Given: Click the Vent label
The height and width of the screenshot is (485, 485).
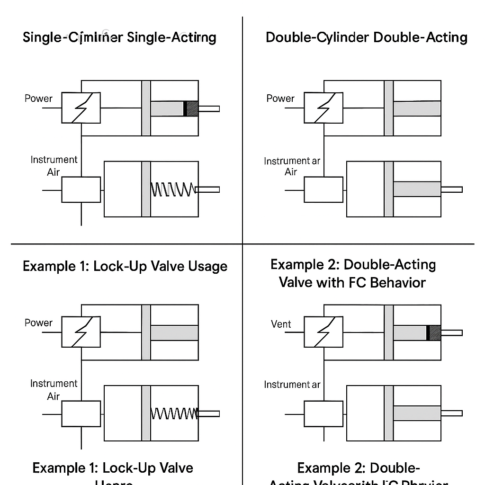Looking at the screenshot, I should click(x=281, y=324).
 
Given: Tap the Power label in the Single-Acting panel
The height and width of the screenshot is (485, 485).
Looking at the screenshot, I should click(x=38, y=99).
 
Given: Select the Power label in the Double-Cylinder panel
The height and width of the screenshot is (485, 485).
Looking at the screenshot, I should click(x=280, y=99).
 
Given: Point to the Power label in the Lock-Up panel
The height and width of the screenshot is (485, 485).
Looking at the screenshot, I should click(x=38, y=323).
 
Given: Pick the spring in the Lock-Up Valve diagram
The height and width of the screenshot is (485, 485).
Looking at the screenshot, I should click(x=174, y=413).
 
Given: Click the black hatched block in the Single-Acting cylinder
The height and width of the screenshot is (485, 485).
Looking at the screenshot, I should click(x=191, y=108).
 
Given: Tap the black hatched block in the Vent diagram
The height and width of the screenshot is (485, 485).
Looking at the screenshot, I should click(x=434, y=332).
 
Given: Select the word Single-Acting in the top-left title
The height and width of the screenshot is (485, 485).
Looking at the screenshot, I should click(x=172, y=37).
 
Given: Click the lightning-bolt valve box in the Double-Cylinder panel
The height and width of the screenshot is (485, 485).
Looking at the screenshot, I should click(x=323, y=108).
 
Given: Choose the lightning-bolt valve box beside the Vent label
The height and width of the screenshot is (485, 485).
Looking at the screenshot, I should click(x=323, y=332).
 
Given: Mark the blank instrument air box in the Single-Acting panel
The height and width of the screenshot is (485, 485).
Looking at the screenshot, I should click(x=81, y=189).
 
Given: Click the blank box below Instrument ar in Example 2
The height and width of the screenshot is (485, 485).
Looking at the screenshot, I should click(x=323, y=413).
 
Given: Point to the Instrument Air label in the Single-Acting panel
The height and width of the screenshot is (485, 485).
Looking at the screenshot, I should click(x=54, y=166).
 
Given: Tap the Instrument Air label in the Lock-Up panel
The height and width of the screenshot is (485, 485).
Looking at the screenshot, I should click(x=54, y=389).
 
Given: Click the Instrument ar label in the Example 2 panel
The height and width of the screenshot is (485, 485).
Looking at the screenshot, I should click(x=292, y=385).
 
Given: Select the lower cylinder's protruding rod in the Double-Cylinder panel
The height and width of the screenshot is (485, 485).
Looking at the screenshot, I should click(x=451, y=189).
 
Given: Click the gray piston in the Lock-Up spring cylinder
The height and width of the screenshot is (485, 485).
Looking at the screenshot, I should click(x=146, y=413).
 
